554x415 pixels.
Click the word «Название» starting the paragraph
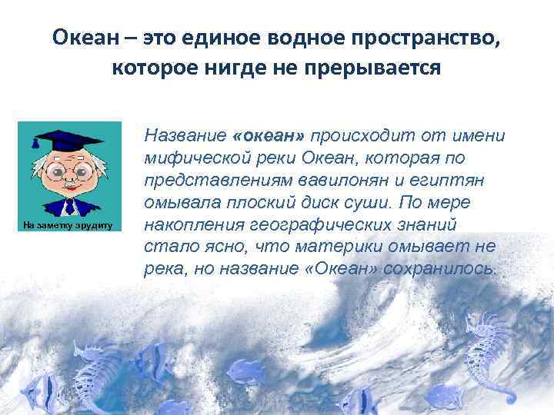coord(183,137)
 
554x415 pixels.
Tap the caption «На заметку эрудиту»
coord(68,226)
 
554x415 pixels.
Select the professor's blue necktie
coord(70,205)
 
